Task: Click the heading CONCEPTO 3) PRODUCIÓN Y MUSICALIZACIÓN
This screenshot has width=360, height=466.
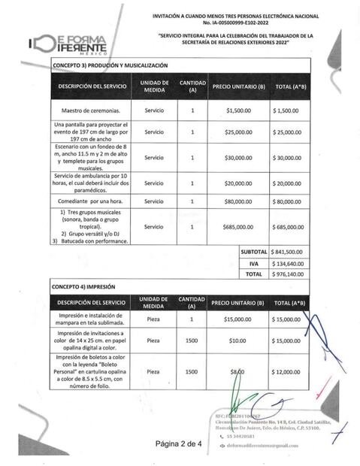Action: click(x=105, y=67)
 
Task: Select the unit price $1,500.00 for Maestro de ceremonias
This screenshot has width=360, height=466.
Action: click(x=239, y=110)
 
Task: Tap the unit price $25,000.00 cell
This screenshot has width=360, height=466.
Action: click(x=239, y=132)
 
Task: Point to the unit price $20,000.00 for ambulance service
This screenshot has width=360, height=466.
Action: click(x=239, y=183)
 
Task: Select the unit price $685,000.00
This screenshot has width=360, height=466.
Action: click(x=239, y=226)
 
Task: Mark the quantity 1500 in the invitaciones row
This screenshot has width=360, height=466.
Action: click(x=192, y=340)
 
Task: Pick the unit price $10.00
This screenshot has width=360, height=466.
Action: click(x=239, y=340)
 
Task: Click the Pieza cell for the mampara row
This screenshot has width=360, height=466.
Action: click(x=153, y=319)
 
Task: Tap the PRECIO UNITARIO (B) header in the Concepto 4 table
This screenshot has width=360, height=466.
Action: click(x=238, y=302)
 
